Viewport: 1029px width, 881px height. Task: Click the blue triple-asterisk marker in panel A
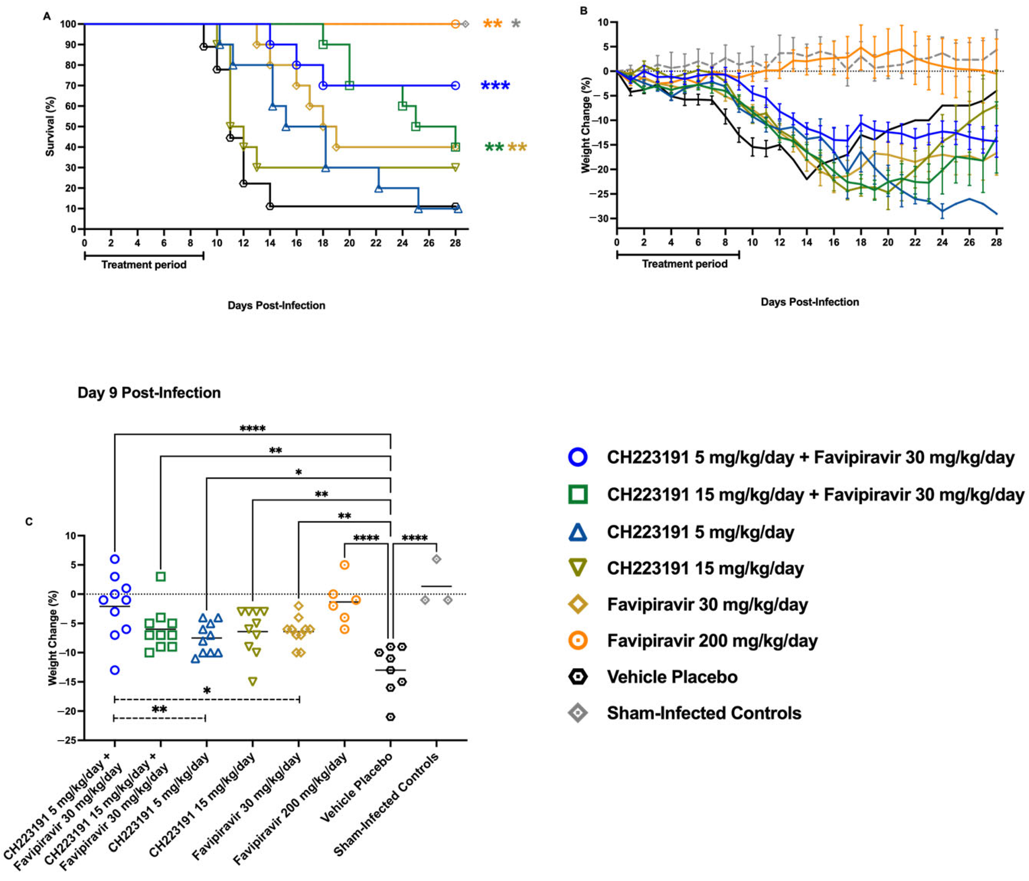pos(495,86)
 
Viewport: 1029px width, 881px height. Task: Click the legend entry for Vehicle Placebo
pos(672,677)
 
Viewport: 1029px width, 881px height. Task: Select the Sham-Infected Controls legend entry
pos(704,713)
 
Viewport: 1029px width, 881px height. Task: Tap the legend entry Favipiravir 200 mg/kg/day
pos(712,641)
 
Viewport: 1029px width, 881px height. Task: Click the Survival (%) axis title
pos(50,127)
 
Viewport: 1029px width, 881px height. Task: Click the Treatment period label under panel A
pos(144,265)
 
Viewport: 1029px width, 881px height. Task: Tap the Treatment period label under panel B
pos(684,264)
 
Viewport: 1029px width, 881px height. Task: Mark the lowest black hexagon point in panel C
pos(391,717)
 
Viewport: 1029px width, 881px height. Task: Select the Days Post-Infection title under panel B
pos(809,302)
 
